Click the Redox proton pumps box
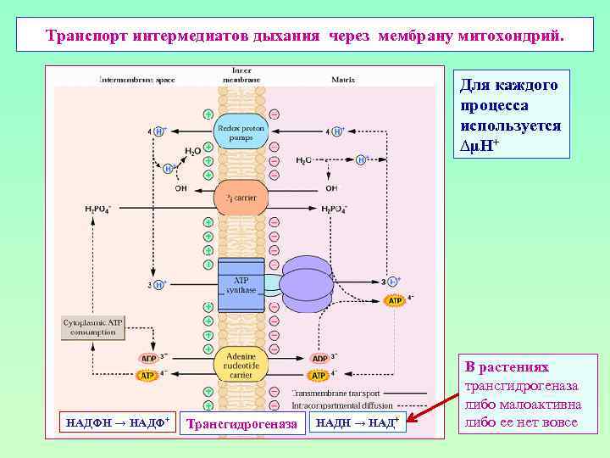[241, 132]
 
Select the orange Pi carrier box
[241, 197]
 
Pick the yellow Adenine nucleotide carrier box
[241, 362]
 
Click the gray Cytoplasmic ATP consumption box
[92, 327]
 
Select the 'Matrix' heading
[345, 80]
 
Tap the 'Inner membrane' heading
[241, 75]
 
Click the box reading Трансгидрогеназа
[242, 423]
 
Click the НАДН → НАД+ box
[358, 422]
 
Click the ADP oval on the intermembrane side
[148, 359]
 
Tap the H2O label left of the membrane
[193, 150]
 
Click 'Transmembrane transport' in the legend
[335, 393]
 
